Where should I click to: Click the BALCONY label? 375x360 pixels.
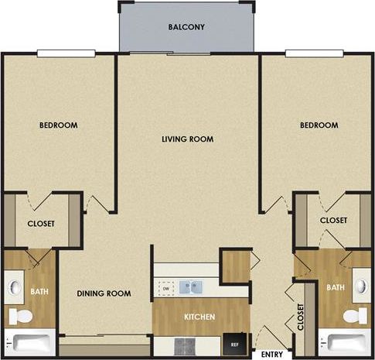186,27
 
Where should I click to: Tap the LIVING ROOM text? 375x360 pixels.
187,139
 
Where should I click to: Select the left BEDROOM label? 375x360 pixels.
60,125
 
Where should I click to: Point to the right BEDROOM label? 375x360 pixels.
319,125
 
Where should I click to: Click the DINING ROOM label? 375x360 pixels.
104,293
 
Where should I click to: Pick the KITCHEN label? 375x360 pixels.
199,317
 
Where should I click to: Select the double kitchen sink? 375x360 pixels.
192,288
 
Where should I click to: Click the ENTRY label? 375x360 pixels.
272,354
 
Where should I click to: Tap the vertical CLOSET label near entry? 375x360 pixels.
301,317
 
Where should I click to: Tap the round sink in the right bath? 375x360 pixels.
361,288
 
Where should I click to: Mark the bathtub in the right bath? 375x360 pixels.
345,342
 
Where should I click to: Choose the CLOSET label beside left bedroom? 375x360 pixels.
41,224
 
